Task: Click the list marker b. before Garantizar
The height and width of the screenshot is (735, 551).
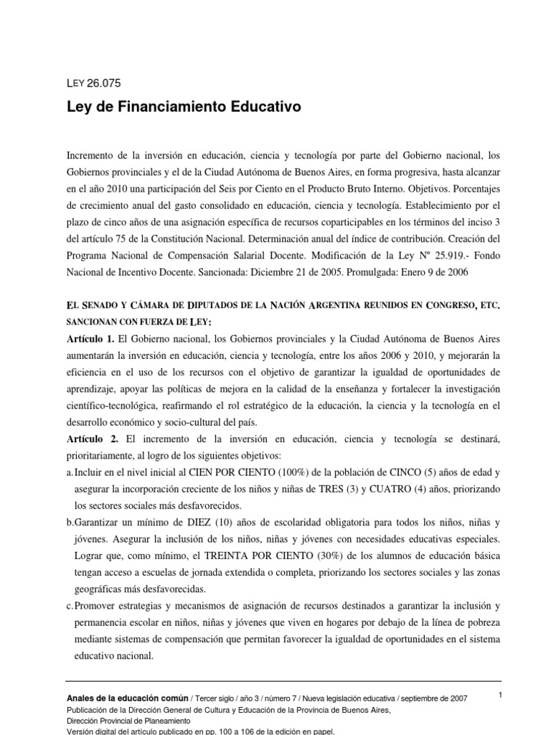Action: tap(70, 523)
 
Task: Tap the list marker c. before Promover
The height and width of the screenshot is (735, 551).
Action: tap(69, 605)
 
